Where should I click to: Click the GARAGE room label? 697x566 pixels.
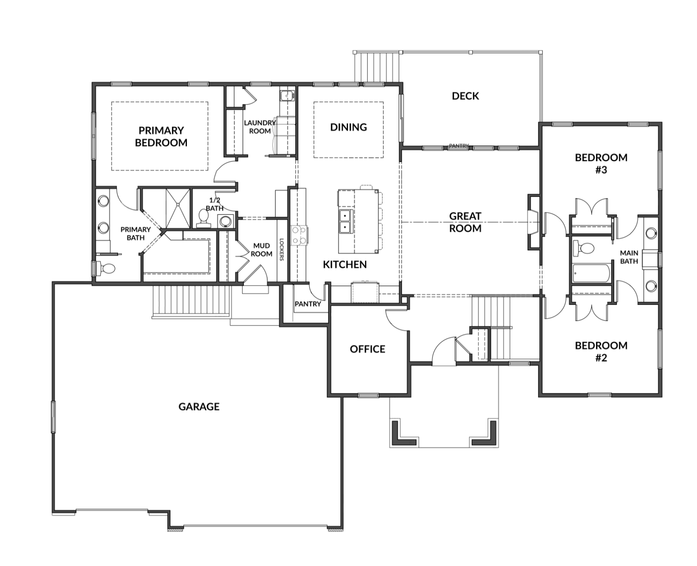(199, 407)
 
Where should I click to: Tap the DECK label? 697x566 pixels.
(465, 96)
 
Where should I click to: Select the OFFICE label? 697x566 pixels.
(368, 349)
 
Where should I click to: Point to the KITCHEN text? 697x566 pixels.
(345, 265)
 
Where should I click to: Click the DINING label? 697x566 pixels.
(348, 127)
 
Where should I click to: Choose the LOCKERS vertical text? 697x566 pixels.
(281, 249)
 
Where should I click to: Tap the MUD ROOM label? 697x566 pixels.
(261, 249)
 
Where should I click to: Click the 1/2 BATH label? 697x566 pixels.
(215, 204)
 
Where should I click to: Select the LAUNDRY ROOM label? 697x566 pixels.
(260, 127)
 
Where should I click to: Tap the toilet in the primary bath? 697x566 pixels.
(105, 269)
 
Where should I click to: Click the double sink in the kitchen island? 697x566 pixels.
(345, 221)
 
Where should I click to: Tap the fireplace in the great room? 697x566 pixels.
(533, 222)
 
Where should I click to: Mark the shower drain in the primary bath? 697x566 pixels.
(178, 204)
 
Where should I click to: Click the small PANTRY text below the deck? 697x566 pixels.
(459, 146)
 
